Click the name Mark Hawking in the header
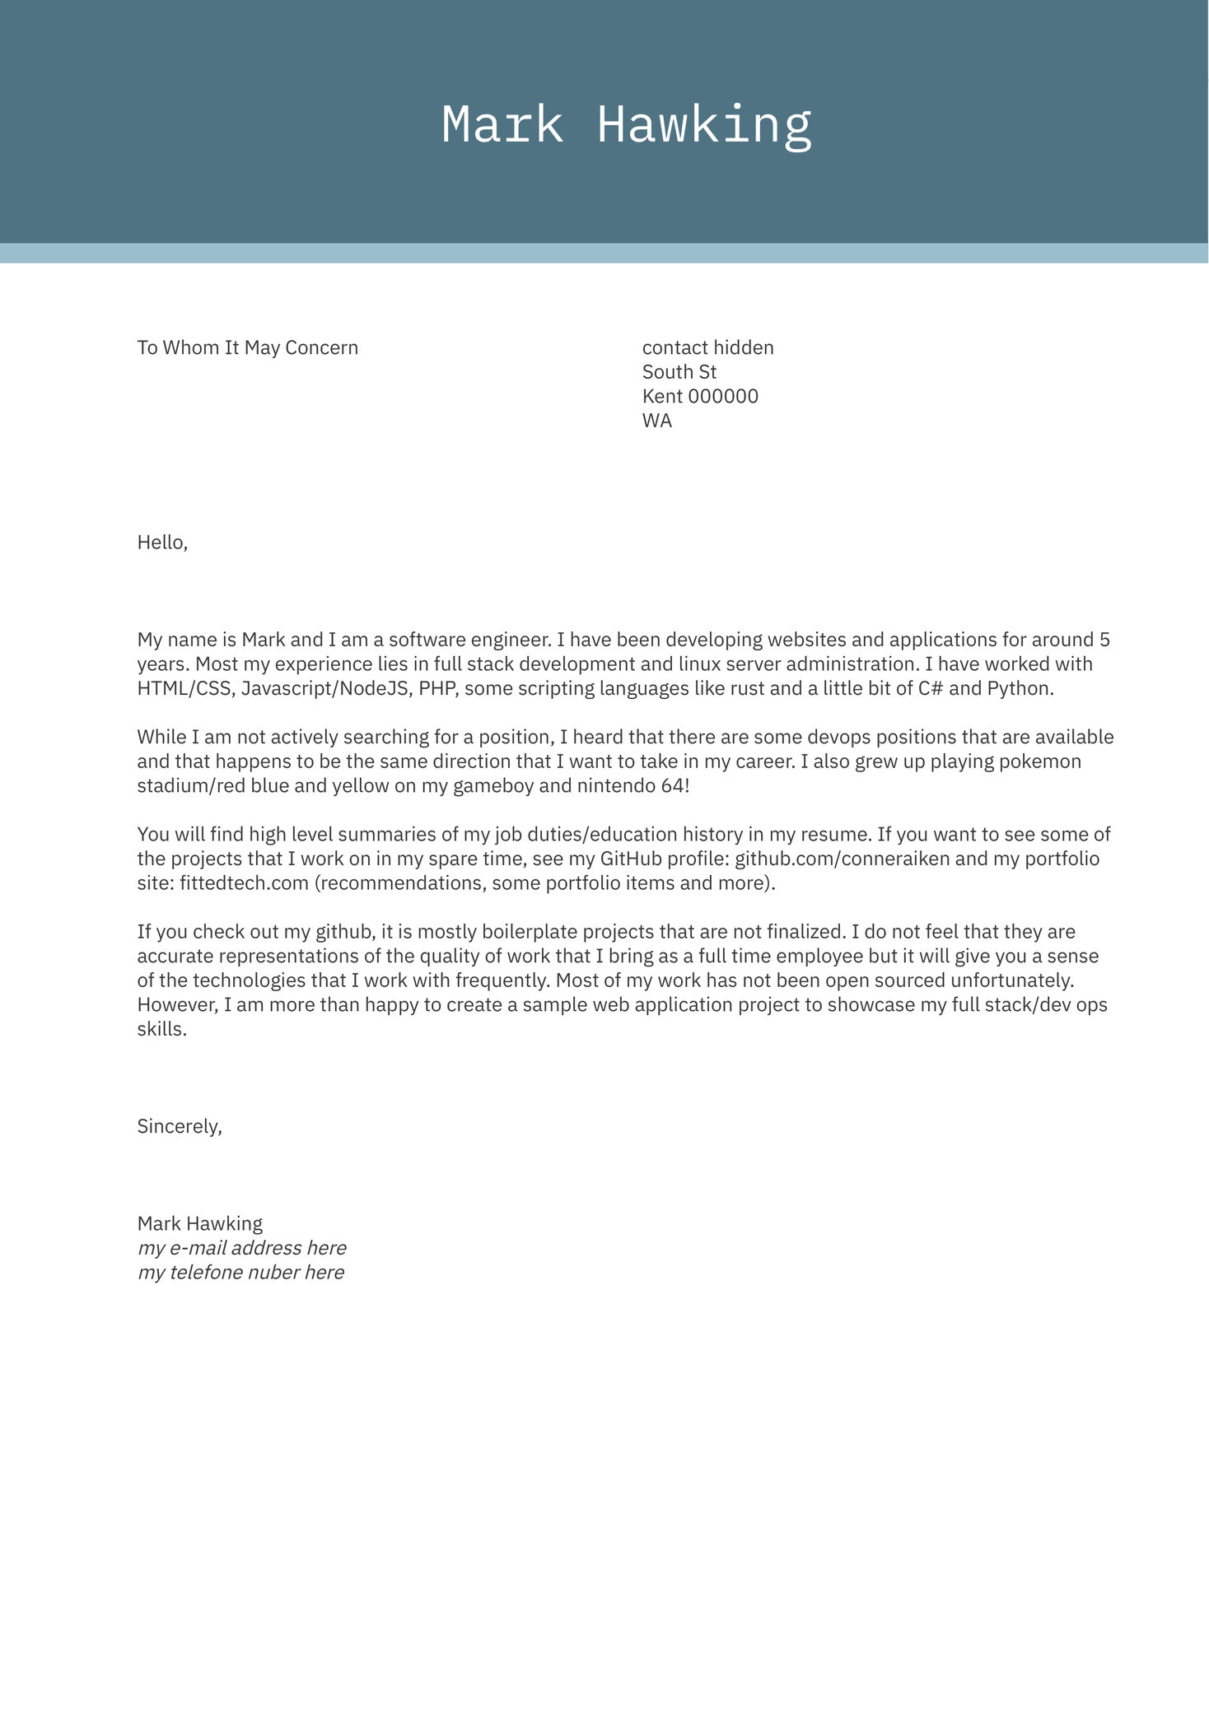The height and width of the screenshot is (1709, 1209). coord(626,125)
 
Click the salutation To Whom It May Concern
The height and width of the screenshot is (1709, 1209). coord(247,347)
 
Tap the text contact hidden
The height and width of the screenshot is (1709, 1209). coord(707,347)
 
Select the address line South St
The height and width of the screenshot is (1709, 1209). coord(679,372)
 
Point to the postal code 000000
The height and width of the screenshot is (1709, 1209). coord(722,397)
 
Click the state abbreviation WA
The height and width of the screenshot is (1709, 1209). coord(656,421)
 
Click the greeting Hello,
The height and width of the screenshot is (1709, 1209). coord(162,543)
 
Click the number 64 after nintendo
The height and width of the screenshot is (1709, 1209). coord(671,785)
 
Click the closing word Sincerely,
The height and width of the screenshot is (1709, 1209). coord(180,1126)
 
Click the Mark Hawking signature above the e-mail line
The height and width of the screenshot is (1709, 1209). coord(200,1223)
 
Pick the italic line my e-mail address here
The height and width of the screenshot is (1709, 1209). coord(241,1248)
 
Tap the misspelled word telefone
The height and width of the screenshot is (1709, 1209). coord(209,1273)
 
